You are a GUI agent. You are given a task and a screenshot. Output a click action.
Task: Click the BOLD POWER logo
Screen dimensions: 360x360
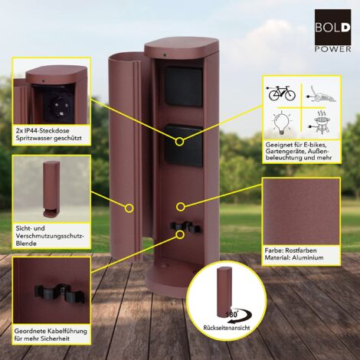(x=332, y=31)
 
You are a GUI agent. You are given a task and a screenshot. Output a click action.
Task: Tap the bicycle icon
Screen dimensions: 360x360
(x=281, y=93)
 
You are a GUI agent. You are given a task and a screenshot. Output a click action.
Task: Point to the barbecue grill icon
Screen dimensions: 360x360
(x=321, y=123)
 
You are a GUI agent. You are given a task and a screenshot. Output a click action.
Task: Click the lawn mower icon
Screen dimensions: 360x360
(x=322, y=95)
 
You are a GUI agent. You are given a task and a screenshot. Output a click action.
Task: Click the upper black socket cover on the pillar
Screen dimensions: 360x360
(x=183, y=86)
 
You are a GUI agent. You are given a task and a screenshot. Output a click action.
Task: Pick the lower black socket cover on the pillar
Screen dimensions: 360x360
(x=183, y=145)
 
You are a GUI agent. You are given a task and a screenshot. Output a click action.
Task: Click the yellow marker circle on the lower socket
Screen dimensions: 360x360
(x=179, y=141)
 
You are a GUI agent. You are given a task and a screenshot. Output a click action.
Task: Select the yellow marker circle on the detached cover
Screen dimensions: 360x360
(x=129, y=208)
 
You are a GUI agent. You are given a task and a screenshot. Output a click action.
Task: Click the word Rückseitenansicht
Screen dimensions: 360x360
(x=227, y=328)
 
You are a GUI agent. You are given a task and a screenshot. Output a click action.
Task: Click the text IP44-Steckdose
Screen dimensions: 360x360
(x=46, y=131)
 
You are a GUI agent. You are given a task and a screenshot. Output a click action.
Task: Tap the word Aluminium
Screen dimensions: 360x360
(x=307, y=257)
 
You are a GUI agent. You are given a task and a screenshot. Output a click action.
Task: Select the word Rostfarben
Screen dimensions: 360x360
(x=301, y=250)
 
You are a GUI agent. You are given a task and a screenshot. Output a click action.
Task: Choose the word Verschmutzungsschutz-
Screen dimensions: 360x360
(x=50, y=236)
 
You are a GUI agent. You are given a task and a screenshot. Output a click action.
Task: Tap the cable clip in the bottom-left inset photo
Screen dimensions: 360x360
(x=60, y=292)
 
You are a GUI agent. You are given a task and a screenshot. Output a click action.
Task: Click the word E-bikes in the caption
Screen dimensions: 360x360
(x=314, y=145)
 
